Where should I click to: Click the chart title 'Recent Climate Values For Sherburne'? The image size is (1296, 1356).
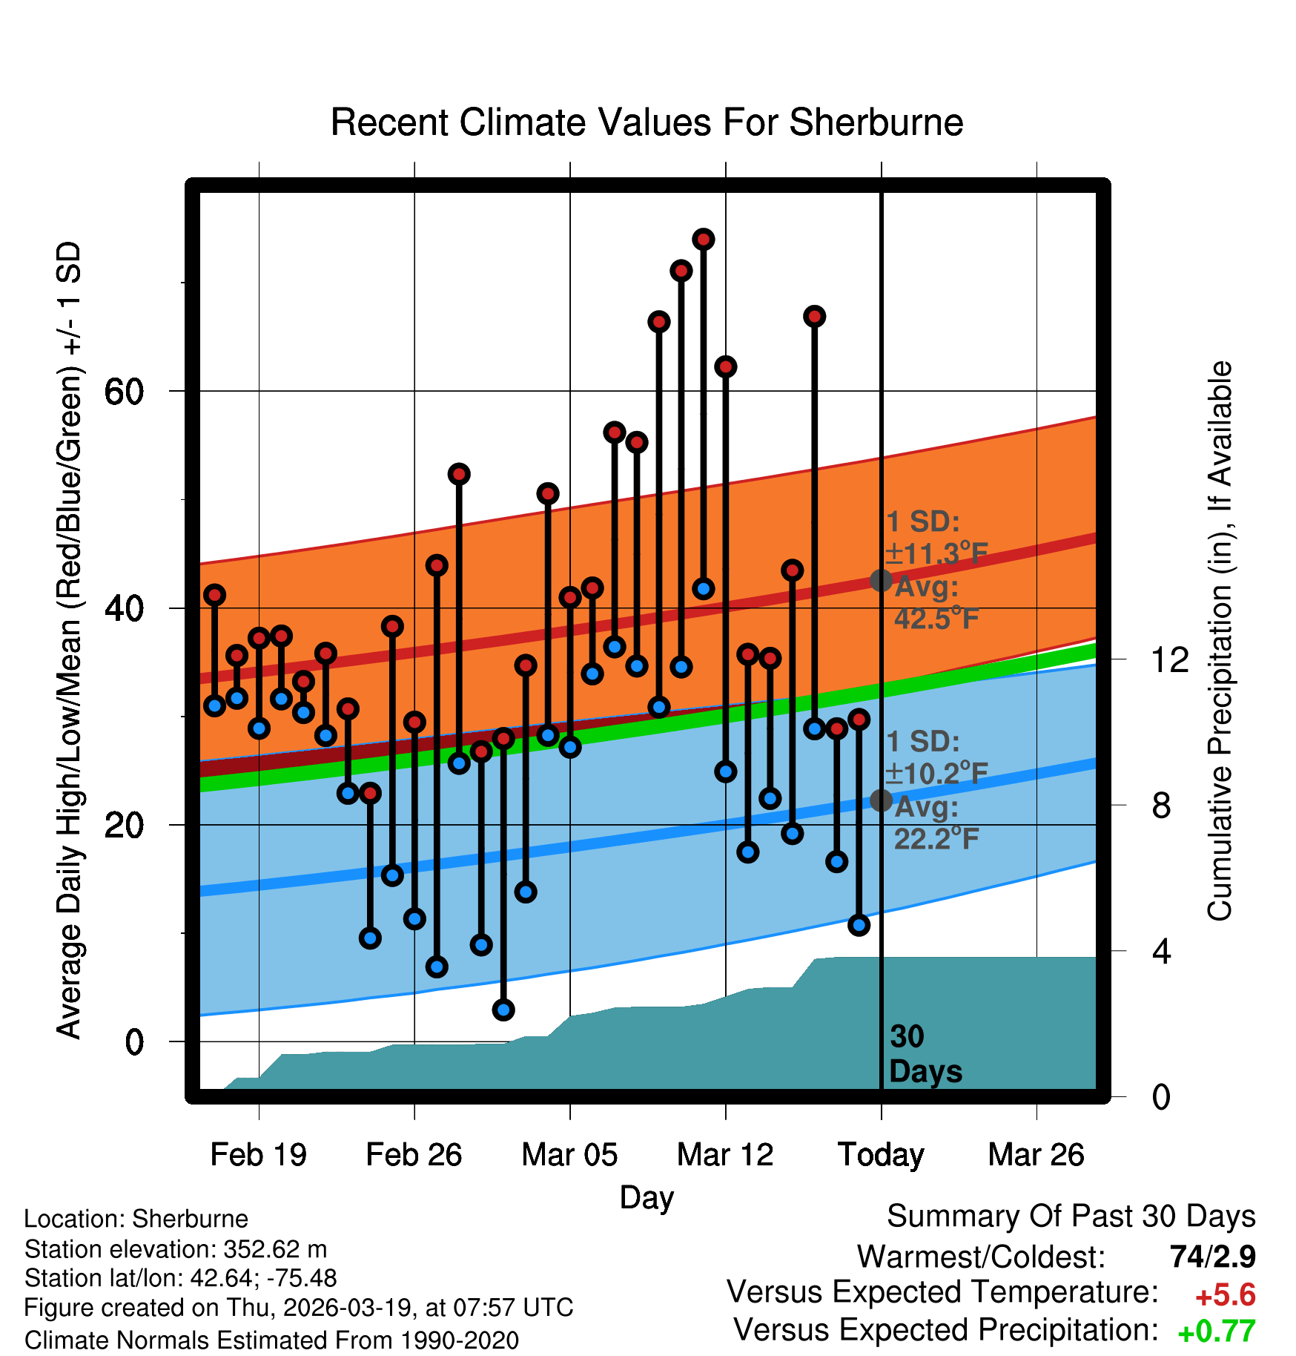(647, 122)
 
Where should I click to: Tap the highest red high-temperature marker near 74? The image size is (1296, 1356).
(703, 239)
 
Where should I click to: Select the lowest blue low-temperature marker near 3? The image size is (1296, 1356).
(503, 1010)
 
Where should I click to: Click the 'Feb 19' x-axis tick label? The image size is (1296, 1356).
(258, 1155)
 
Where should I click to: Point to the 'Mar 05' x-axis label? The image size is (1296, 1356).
(569, 1155)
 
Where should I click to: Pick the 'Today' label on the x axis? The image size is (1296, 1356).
(881, 1155)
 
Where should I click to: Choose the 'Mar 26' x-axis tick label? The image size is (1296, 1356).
(1036, 1155)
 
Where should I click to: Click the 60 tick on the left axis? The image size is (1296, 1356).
(124, 392)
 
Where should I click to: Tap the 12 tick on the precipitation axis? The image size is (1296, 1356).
(1170, 659)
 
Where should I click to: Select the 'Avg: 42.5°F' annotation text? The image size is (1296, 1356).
(936, 602)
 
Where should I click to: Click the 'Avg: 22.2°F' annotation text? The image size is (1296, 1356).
(936, 823)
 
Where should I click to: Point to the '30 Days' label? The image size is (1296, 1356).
(925, 1054)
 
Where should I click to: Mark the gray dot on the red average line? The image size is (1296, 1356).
(881, 580)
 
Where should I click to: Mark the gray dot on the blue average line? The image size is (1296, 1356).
(881, 800)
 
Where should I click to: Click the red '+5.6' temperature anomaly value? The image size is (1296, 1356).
(1225, 1295)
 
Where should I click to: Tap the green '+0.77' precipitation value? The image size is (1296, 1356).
(1216, 1332)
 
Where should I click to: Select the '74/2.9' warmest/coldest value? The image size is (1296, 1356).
(1212, 1257)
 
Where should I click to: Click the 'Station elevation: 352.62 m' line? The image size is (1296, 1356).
(176, 1249)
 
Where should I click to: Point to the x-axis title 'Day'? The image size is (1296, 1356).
(647, 1197)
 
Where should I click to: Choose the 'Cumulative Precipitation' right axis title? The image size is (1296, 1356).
(1220, 641)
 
